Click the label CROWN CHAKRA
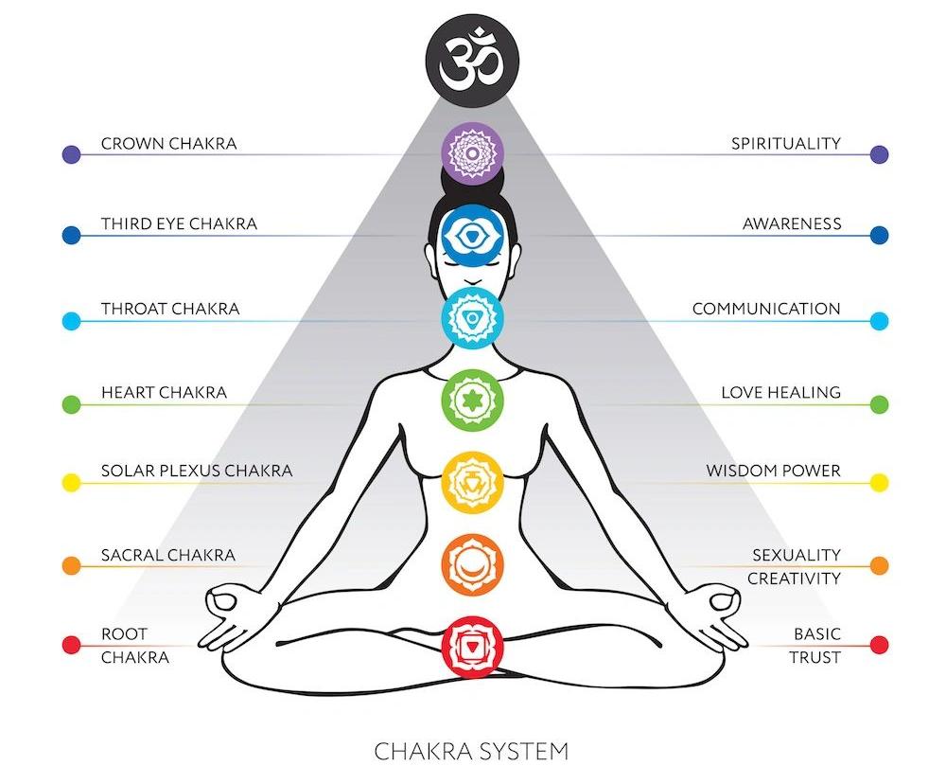[168, 144]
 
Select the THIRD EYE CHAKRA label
[179, 225]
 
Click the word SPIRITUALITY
[785, 144]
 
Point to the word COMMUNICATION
[766, 310]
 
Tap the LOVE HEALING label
[780, 392]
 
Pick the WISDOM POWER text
[773, 472]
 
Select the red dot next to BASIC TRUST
[879, 646]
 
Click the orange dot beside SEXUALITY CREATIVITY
[879, 565]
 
